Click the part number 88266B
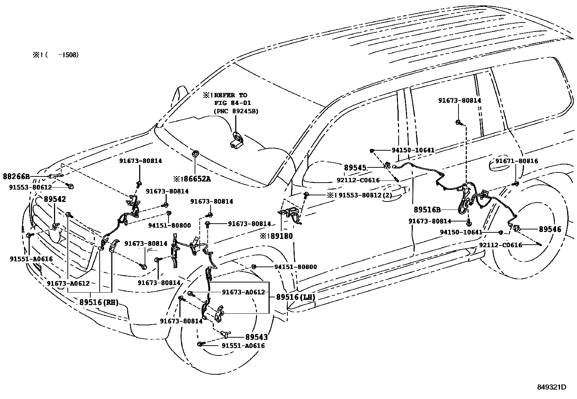point(16,177)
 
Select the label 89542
point(55,199)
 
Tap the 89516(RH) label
point(99,302)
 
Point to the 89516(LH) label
point(295,297)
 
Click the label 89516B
point(427,209)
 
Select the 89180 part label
point(279,236)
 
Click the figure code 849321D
point(551,387)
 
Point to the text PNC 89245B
point(236,111)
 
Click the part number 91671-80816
point(516,161)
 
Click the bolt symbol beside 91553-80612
point(71,186)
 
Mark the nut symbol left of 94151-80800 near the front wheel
point(254,267)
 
